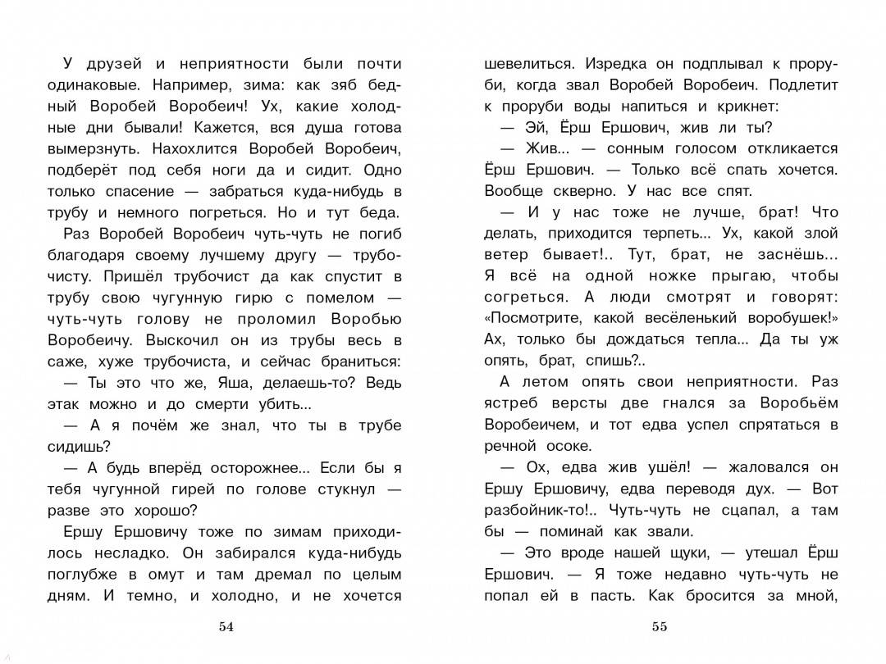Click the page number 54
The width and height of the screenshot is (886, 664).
(226, 627)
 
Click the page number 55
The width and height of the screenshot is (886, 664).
(660, 627)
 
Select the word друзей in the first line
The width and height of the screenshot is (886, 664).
(110, 63)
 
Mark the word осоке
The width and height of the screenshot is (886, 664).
(568, 446)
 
